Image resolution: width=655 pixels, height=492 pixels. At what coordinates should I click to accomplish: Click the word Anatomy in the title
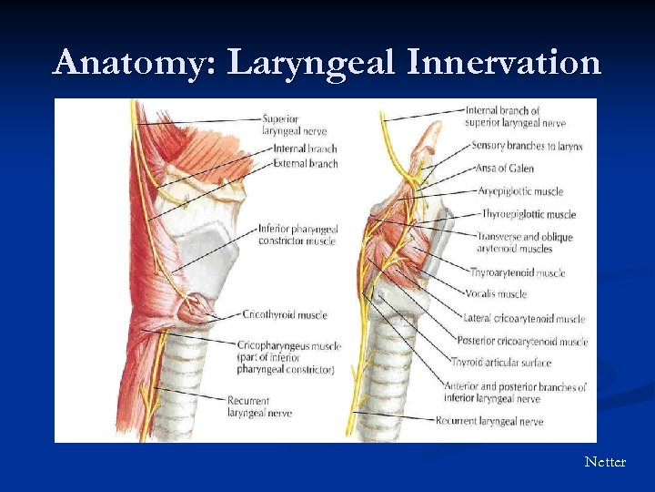tap(135, 63)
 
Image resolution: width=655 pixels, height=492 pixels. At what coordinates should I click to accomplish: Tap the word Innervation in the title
tap(504, 63)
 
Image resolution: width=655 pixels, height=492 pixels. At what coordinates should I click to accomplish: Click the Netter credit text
tap(605, 462)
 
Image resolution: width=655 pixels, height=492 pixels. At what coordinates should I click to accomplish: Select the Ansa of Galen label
tap(503, 169)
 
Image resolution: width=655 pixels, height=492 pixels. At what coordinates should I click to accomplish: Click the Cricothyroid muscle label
tap(284, 314)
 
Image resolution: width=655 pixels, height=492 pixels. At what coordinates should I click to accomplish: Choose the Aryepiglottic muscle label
tap(520, 191)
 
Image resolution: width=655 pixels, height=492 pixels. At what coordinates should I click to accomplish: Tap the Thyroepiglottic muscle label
tap(529, 215)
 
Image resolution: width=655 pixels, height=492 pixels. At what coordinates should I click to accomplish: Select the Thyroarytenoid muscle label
tap(517, 272)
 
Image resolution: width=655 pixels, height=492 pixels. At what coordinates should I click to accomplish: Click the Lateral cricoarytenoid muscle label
tap(523, 319)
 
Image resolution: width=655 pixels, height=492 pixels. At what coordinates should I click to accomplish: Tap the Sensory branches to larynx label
tap(527, 146)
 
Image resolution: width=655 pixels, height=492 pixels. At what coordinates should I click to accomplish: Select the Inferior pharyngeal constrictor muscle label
tap(297, 234)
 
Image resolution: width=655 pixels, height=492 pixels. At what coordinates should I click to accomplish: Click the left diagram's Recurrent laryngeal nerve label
tap(254, 406)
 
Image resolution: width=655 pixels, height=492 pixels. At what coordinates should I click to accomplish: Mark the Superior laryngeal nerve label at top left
tap(293, 124)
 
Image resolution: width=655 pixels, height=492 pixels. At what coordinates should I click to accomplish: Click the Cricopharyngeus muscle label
tap(288, 357)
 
